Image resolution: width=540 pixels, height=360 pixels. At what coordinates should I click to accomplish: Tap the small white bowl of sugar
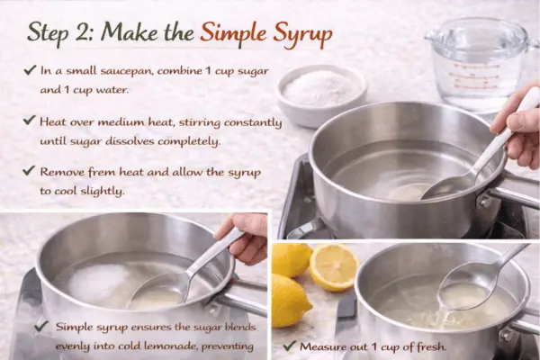(321, 91)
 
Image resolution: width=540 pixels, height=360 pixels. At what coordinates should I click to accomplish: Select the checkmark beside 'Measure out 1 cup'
(289, 346)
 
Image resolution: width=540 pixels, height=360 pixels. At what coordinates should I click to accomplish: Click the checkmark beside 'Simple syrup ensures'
(40, 327)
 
